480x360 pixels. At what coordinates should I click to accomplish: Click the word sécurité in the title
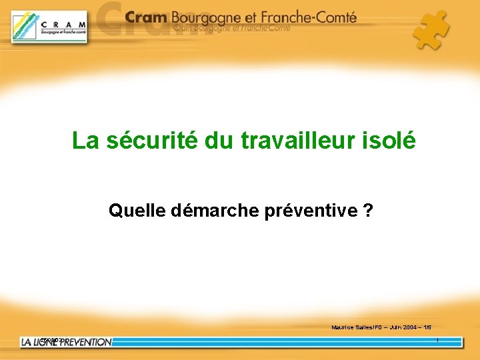142,141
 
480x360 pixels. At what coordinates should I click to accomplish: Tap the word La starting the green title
85,141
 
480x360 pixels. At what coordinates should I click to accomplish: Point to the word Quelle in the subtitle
137,211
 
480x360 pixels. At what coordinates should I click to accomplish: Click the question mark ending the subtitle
368,211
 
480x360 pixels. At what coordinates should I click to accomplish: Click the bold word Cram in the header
146,18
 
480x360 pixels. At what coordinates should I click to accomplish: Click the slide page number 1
437,341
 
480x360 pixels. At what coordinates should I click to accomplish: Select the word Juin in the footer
392,327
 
